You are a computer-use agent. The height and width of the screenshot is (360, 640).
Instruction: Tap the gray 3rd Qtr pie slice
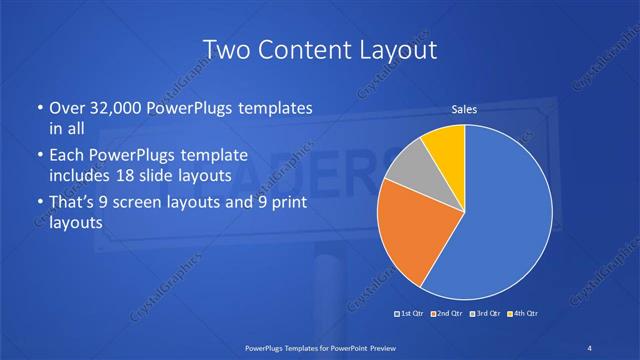[x=405, y=170]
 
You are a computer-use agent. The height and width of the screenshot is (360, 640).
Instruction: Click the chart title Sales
[x=464, y=109]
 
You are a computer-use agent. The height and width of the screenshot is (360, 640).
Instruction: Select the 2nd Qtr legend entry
[x=449, y=314]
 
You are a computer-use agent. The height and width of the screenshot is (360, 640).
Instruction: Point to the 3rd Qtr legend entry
[x=486, y=314]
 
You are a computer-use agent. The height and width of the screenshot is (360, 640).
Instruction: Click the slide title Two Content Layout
[x=320, y=49]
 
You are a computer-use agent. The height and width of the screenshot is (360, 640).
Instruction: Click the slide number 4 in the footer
[x=590, y=346]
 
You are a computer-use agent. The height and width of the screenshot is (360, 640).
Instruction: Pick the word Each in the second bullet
[x=68, y=156]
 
